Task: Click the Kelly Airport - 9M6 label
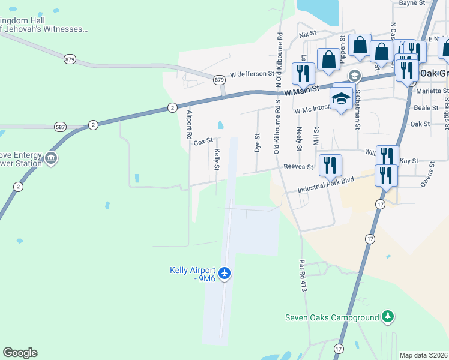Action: [x=192, y=274]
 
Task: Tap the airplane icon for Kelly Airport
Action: [x=225, y=274]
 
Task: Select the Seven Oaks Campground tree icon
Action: [x=388, y=316]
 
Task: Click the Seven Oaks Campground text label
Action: [x=332, y=317]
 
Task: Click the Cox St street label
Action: [x=203, y=142]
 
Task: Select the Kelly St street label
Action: [x=217, y=159]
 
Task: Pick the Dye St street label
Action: [x=257, y=143]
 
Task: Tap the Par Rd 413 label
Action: [x=304, y=276]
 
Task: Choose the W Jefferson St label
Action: [x=250, y=74]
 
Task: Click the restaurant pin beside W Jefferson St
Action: [x=302, y=73]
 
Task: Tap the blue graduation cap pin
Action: [x=341, y=98]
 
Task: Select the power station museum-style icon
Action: [x=51, y=158]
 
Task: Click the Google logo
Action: [x=20, y=353]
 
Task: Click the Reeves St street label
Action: [x=298, y=167]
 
